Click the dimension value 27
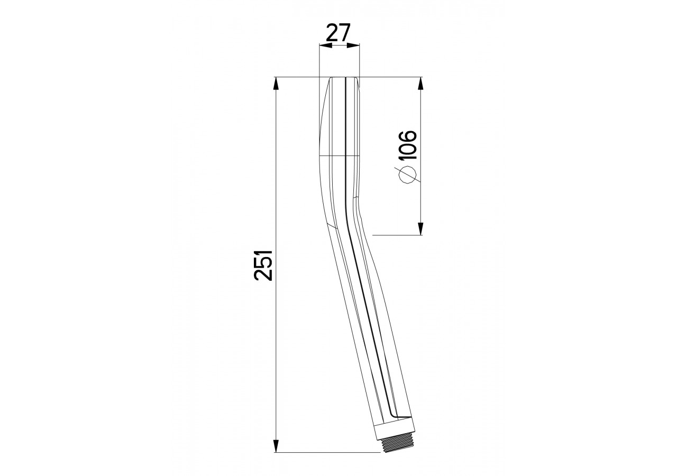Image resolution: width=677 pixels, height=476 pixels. (x=339, y=33)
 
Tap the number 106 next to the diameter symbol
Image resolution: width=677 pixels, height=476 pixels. (x=407, y=144)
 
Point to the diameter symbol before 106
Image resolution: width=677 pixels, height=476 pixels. (x=407, y=175)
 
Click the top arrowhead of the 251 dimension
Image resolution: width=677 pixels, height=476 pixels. (x=276, y=84)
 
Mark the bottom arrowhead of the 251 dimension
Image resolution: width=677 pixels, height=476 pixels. (x=276, y=445)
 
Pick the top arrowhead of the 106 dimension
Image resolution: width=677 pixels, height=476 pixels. (x=420, y=84)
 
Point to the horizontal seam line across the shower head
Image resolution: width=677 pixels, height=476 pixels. (x=338, y=156)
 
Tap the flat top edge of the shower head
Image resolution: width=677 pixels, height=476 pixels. (x=344, y=78)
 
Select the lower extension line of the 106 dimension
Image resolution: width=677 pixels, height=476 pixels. (x=397, y=235)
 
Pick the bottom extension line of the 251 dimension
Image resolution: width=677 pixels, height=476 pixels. (x=328, y=452)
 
